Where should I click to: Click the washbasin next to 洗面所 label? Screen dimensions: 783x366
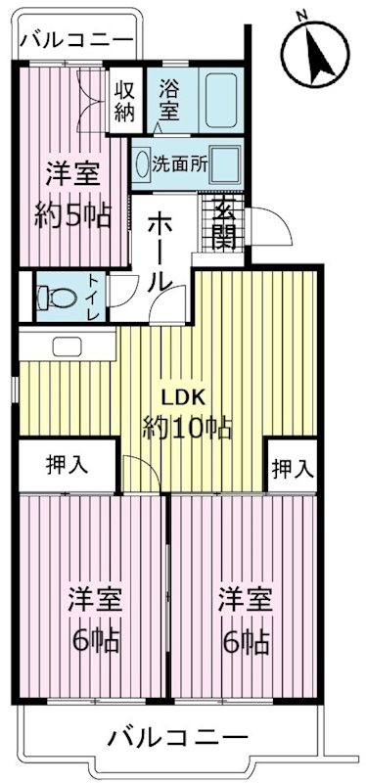[143, 162]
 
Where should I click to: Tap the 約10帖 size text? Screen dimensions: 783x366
[187, 428]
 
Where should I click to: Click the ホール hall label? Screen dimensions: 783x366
[161, 251]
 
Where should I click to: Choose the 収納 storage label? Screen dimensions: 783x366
[125, 98]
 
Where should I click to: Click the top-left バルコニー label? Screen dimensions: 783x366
[76, 41]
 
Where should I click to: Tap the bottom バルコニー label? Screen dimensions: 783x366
[179, 737]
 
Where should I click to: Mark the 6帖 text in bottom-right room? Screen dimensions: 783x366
[245, 642]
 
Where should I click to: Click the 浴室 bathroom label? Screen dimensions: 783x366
[168, 98]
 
